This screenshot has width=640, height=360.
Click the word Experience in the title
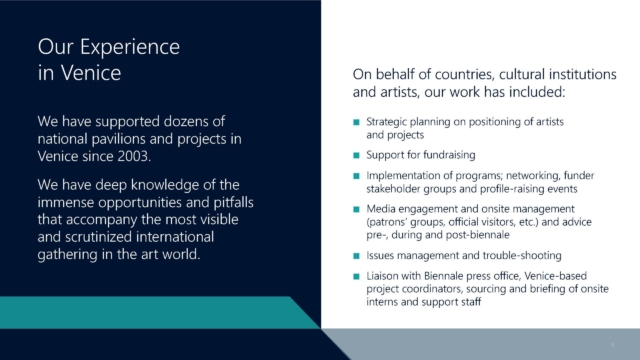coord(130,47)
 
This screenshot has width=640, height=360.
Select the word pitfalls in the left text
coord(233,202)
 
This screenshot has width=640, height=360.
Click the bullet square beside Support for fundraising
coord(356,155)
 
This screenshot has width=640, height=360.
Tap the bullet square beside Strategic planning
coord(356,122)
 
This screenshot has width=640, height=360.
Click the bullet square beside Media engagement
coord(356,209)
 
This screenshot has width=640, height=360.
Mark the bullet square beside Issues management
coord(356,256)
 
